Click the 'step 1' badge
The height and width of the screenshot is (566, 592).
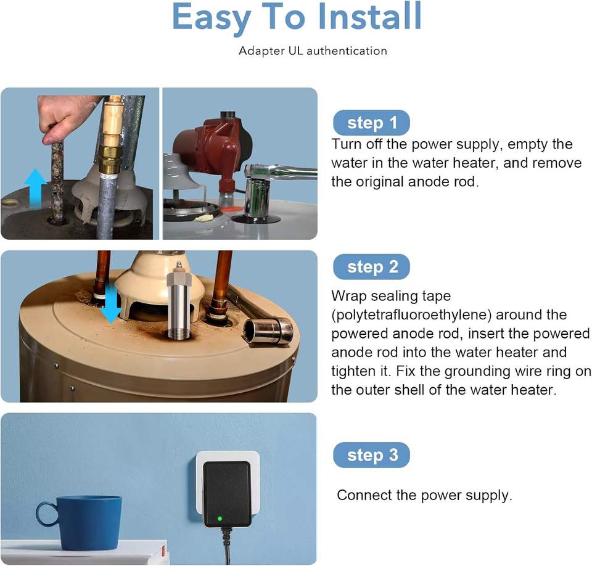click(x=371, y=123)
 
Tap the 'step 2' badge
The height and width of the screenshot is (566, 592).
click(x=371, y=267)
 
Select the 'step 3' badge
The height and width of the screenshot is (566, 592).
click(x=371, y=455)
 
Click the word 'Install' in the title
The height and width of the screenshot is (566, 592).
click(x=369, y=16)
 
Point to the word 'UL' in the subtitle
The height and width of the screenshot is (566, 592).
click(x=295, y=51)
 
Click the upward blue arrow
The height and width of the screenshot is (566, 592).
click(x=35, y=187)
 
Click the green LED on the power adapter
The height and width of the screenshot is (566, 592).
click(x=220, y=519)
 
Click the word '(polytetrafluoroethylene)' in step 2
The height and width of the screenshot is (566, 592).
click(x=411, y=315)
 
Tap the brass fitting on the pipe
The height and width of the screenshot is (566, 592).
click(x=110, y=154)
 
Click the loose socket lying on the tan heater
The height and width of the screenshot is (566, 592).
click(x=269, y=330)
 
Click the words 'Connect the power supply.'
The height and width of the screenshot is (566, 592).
click(x=424, y=495)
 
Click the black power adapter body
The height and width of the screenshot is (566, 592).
click(x=227, y=494)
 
